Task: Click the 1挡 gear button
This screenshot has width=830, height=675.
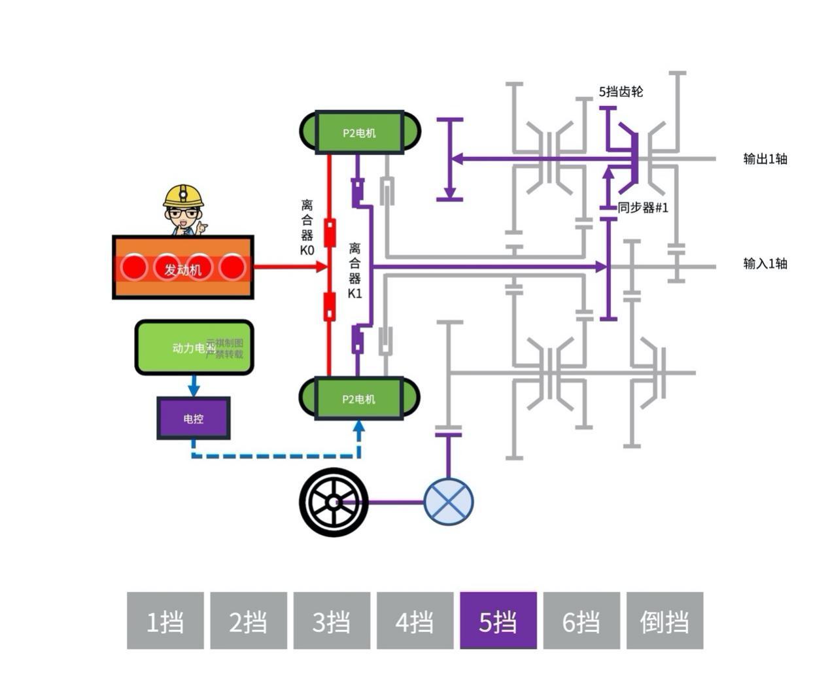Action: pos(165,621)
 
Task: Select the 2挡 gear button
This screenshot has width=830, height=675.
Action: pos(249,621)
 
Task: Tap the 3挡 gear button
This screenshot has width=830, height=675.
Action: pos(332,621)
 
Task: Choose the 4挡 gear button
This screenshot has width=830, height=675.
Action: pos(415,621)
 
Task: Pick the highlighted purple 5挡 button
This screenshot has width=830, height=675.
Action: pos(498,621)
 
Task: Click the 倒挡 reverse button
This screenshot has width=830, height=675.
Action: pos(665,621)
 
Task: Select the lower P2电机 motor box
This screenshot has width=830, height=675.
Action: pos(359,398)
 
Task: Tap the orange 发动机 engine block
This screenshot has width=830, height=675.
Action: pos(183,268)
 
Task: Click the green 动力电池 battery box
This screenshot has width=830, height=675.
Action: pos(194,347)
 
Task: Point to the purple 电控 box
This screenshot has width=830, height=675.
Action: pos(194,419)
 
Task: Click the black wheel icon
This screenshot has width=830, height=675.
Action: pos(334,502)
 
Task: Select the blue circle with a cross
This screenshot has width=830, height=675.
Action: pos(449,502)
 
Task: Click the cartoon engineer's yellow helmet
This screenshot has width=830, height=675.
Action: pos(183,195)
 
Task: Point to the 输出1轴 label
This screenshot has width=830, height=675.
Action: pos(765,159)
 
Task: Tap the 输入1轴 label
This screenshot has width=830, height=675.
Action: pos(765,264)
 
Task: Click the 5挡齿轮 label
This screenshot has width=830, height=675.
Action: pos(621,92)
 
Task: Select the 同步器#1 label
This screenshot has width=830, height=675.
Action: pos(643,208)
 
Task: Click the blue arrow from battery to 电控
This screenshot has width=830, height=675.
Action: pos(194,386)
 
